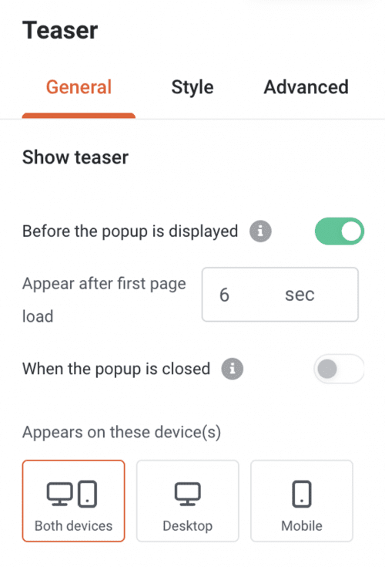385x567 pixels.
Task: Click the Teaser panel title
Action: (60, 31)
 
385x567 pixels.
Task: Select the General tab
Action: (79, 87)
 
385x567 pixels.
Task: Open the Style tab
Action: (192, 87)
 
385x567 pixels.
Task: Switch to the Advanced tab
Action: (306, 87)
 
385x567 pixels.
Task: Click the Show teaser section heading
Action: (75, 158)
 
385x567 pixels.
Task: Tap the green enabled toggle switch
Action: (339, 231)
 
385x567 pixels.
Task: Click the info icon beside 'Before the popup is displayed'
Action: (262, 231)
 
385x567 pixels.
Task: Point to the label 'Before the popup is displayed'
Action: (129, 231)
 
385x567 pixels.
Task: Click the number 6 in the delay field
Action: (224, 295)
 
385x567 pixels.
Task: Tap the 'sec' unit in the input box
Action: (300, 295)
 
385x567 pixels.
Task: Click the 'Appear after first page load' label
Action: (104, 299)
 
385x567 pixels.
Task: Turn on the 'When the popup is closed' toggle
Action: (338, 369)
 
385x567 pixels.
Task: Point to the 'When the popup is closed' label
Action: (115, 369)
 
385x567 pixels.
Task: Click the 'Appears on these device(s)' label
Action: (121, 432)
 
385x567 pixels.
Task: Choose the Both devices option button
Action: (73, 501)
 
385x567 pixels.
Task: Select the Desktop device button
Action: (188, 501)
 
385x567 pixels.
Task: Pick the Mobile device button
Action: (302, 501)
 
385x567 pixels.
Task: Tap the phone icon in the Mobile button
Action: (302, 492)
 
